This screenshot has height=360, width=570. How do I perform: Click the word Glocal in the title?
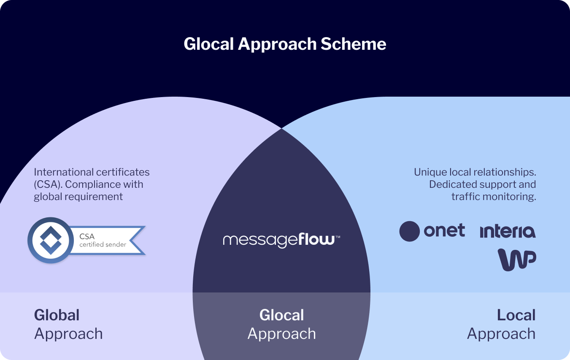(208, 44)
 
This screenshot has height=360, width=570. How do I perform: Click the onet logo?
(432, 231)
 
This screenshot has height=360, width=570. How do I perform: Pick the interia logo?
(508, 232)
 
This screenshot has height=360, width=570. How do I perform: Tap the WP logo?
(517, 260)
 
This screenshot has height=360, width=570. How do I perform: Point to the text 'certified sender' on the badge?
(103, 244)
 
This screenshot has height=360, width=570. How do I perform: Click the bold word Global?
(57, 315)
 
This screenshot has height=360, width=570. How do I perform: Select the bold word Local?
(516, 315)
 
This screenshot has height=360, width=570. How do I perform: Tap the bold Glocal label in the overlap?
(281, 315)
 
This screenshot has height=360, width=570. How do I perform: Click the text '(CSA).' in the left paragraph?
(48, 184)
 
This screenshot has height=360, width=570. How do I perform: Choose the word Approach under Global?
(68, 334)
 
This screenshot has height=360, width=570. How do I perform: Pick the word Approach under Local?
(501, 334)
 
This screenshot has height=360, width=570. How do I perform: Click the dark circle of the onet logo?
(409, 231)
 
